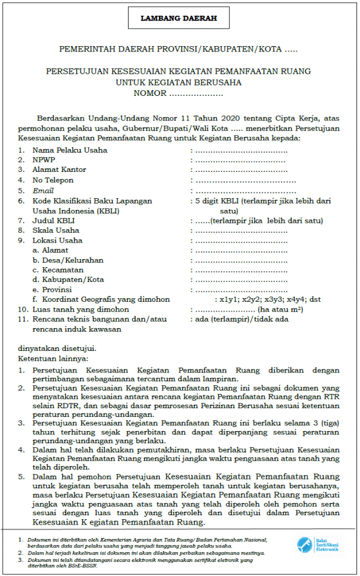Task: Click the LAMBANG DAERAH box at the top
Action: click(x=179, y=19)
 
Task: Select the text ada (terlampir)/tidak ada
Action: click(x=242, y=319)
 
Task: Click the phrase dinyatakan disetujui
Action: click(x=57, y=349)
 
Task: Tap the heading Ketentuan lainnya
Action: click(x=53, y=358)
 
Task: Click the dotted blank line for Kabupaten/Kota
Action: click(x=241, y=280)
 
